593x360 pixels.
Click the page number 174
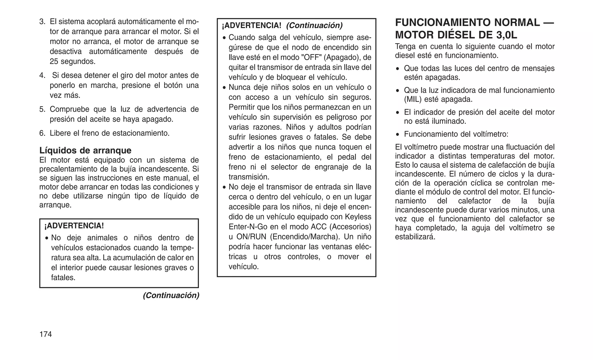tap(45, 334)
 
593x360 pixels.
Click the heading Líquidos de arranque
tap(85, 150)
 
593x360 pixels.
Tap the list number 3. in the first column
tap(42, 22)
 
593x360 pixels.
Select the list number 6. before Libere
tap(42, 133)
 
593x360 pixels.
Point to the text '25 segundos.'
tap(72, 61)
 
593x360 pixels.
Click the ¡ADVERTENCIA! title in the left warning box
tap(74, 226)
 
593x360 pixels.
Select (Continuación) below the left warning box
tap(171, 295)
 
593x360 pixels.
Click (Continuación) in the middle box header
tap(314, 25)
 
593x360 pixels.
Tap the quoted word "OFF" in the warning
tap(311, 57)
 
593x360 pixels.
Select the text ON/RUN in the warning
tap(251, 237)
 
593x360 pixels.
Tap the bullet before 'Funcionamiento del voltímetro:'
tap(398, 134)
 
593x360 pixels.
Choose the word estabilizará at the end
tap(415, 237)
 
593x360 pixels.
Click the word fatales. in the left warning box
tap(63, 277)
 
